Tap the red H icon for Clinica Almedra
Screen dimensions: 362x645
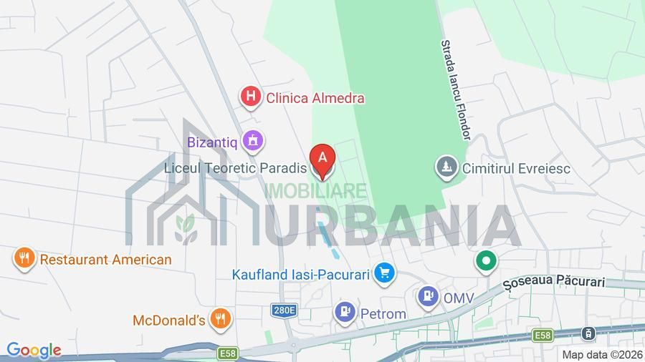pos(250,97)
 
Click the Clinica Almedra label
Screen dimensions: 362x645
pos(315,98)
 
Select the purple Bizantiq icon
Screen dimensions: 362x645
pos(252,141)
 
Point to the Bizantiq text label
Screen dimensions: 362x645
pos(212,142)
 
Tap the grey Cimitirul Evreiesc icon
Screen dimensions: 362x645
pos(446,168)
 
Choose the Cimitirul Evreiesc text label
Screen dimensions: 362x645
pos(516,169)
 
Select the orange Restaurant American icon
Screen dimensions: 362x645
pos(24,258)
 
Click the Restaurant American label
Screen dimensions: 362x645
pos(105,260)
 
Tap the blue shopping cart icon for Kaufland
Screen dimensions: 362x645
pos(385,273)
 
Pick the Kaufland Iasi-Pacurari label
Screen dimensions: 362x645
pos(300,274)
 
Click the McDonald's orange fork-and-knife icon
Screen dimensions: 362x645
pos(221,319)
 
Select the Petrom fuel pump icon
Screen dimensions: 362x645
pos(345,312)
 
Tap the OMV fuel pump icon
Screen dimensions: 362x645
pos(428,296)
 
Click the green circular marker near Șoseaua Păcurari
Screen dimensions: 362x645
pos(486,262)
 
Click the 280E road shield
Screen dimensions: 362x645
pos(284,310)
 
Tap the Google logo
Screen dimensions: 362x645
pos(34,351)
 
